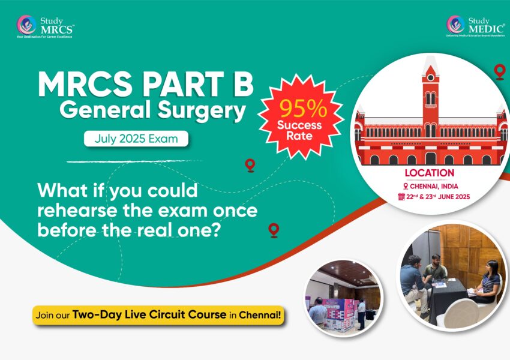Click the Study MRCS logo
click(x=46, y=26)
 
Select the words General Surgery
click(x=153, y=112)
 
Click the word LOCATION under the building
click(x=429, y=173)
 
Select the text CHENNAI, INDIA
click(x=433, y=186)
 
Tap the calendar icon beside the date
click(x=402, y=197)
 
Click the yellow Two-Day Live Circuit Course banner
click(x=158, y=314)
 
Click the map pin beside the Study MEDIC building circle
click(x=499, y=72)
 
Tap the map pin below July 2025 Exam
click(x=250, y=165)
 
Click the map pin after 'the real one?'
click(x=274, y=229)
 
